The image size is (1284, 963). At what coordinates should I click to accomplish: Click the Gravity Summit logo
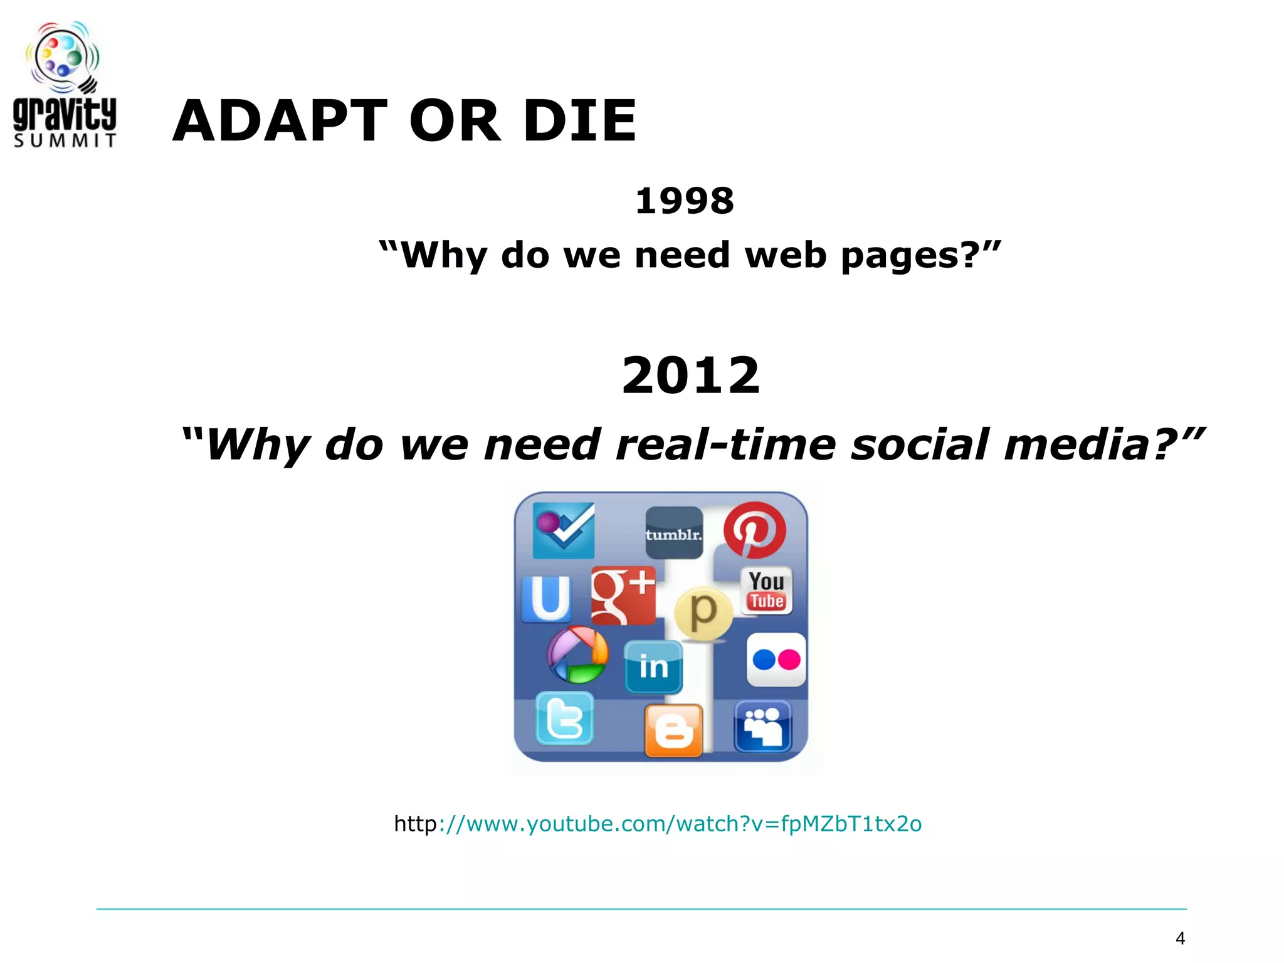point(65,85)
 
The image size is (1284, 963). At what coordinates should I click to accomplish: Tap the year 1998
point(684,201)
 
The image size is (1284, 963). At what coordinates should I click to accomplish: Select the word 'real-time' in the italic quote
point(726,445)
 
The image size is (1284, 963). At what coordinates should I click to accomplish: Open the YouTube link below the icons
point(658,823)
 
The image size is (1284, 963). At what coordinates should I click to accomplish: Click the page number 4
point(1180,939)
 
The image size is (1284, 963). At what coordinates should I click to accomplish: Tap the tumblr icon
point(674,533)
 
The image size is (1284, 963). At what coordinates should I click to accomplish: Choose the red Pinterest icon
point(754,530)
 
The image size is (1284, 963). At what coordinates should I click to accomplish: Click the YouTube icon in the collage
point(766,591)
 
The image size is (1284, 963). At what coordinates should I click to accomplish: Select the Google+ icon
point(623,596)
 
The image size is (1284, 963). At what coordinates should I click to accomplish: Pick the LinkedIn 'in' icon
point(653,666)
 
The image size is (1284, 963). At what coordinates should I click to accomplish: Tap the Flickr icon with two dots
point(776,660)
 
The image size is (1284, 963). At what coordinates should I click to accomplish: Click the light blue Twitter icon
point(564,718)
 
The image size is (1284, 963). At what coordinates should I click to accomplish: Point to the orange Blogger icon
point(674,730)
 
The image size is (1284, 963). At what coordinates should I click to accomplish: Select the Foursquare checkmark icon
point(564,530)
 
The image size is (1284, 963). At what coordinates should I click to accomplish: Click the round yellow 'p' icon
point(703,613)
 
